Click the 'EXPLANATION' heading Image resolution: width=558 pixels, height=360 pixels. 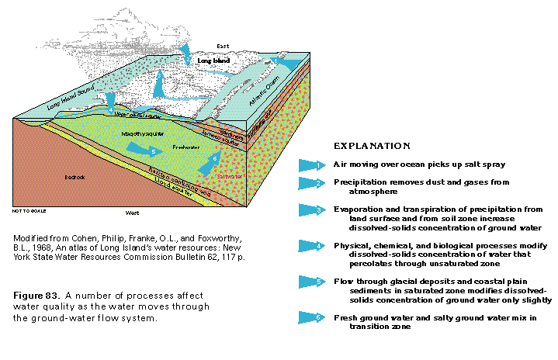(x=371, y=145)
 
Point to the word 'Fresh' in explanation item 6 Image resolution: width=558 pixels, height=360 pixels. (x=346, y=317)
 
